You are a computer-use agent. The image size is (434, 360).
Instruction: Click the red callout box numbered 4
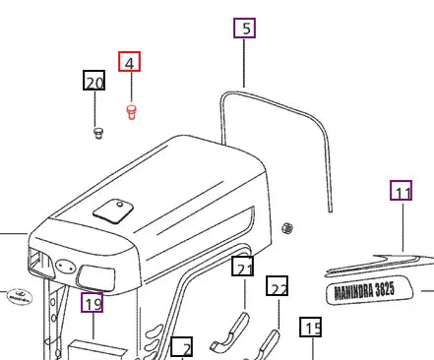(x=129, y=61)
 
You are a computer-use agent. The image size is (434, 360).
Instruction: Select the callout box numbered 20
(x=93, y=80)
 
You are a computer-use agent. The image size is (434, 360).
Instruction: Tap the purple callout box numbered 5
(x=244, y=28)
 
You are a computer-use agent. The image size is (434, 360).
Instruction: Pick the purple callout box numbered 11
(x=402, y=190)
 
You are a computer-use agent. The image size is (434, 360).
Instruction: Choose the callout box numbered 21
(x=242, y=266)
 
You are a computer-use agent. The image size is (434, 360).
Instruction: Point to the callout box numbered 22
(x=278, y=285)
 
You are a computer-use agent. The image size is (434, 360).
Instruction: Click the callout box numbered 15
(x=310, y=327)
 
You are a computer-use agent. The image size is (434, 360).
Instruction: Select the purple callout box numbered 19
(x=93, y=302)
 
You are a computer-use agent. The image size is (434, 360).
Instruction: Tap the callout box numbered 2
(x=182, y=347)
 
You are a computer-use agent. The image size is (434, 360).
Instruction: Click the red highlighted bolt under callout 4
(x=131, y=112)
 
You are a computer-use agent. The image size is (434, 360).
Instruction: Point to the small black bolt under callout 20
(x=97, y=133)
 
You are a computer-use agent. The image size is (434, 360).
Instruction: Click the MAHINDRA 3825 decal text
(x=364, y=290)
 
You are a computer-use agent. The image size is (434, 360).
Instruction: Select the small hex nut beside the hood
(x=287, y=228)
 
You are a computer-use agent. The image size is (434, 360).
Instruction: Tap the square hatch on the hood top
(x=113, y=211)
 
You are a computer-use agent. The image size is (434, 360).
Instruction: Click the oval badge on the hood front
(x=65, y=266)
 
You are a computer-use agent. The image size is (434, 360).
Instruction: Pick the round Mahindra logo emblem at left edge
(x=20, y=297)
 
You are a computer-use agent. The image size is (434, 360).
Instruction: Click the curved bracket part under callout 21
(x=230, y=331)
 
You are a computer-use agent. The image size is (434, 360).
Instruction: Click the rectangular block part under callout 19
(x=97, y=350)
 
